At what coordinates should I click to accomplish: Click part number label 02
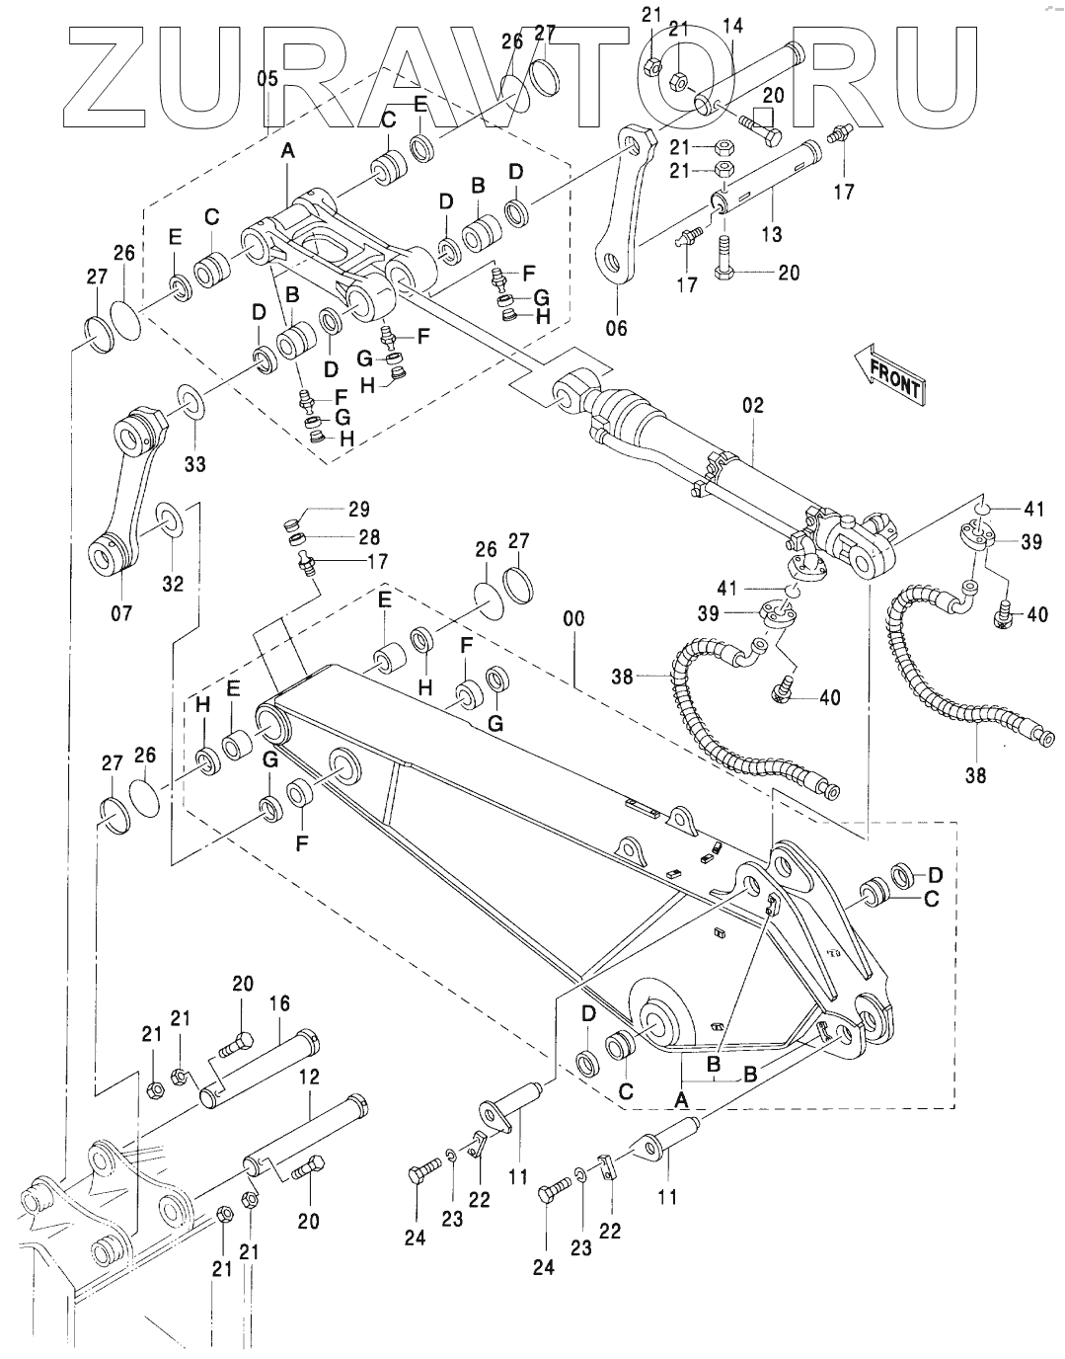(x=754, y=406)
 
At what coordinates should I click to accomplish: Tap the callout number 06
(x=617, y=328)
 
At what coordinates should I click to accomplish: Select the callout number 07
(x=120, y=614)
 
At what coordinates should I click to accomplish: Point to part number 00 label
(x=573, y=619)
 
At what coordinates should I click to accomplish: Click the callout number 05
(x=266, y=79)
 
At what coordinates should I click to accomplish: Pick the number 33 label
(x=195, y=462)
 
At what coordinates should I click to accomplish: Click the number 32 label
(x=173, y=583)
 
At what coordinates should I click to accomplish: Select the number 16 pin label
(x=279, y=1003)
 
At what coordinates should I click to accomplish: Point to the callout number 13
(x=772, y=233)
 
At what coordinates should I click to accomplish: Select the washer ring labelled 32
(x=169, y=520)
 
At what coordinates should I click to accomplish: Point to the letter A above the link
(x=288, y=151)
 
